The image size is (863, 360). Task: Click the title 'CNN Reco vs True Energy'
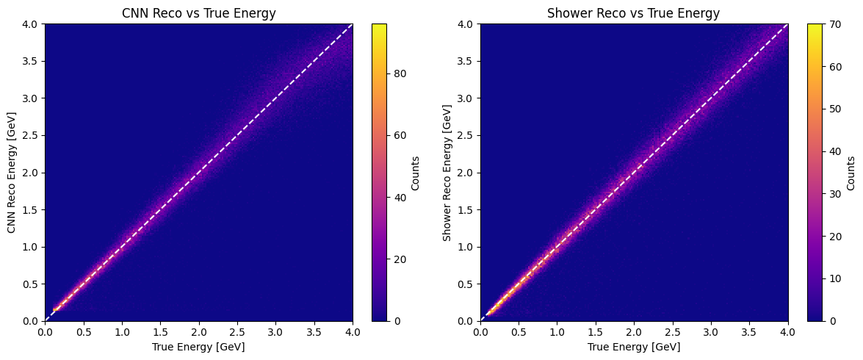pyautogui.click(x=198, y=13)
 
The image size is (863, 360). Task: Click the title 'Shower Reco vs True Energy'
pyautogui.click(x=634, y=13)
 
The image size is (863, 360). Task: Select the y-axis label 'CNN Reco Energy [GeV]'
pyautogui.click(x=12, y=173)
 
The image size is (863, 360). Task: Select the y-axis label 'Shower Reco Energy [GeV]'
pyautogui.click(x=447, y=173)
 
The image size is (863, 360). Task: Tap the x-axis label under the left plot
pyautogui.click(x=198, y=347)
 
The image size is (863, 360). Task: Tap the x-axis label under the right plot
pyautogui.click(x=634, y=347)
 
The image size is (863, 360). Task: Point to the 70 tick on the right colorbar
pyautogui.click(x=834, y=24)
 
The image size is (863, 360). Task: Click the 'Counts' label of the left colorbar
pyautogui.click(x=416, y=173)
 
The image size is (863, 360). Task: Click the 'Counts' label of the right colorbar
pyautogui.click(x=851, y=173)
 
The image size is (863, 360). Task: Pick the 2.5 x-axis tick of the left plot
pyautogui.click(x=237, y=332)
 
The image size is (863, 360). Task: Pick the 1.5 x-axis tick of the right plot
pyautogui.click(x=596, y=332)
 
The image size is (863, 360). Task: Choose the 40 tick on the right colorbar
pyautogui.click(x=834, y=151)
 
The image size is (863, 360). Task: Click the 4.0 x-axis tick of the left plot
pyautogui.click(x=353, y=332)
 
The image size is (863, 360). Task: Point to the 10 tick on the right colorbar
pyautogui.click(x=834, y=278)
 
